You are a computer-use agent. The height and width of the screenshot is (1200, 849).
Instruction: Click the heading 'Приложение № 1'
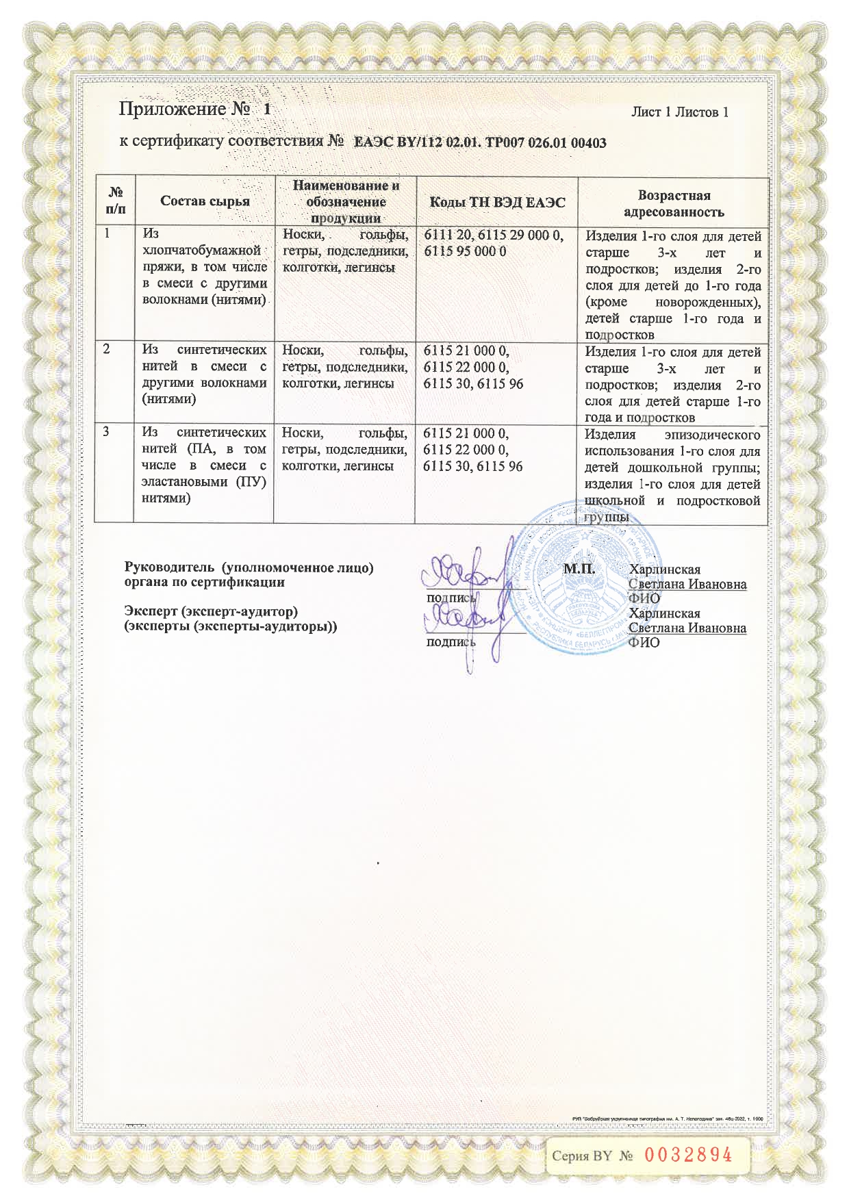[194, 110]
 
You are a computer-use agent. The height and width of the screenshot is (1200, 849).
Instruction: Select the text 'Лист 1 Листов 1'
[679, 112]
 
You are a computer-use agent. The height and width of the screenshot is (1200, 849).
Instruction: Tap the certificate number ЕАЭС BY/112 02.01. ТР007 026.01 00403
[479, 143]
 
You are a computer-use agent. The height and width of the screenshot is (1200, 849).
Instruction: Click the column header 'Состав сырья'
[205, 201]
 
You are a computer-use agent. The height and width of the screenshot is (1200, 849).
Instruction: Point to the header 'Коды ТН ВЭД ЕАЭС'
[497, 202]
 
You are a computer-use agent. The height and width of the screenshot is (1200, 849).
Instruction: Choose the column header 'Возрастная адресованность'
[674, 203]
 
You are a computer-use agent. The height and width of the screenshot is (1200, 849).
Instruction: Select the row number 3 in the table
[107, 432]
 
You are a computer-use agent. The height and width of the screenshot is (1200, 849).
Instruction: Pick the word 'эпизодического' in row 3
[712, 435]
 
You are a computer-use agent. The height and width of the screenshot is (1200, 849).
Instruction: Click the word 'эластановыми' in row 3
[184, 482]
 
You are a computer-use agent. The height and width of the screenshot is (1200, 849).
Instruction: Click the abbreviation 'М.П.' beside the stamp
[579, 569]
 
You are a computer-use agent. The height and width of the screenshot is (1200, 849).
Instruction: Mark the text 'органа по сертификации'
[204, 583]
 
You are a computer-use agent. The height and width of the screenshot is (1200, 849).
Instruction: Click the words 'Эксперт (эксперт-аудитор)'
[210, 611]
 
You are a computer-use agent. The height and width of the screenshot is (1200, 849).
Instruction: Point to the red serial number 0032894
[688, 1156]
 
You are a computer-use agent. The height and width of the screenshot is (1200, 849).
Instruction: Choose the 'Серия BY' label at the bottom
[582, 1156]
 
